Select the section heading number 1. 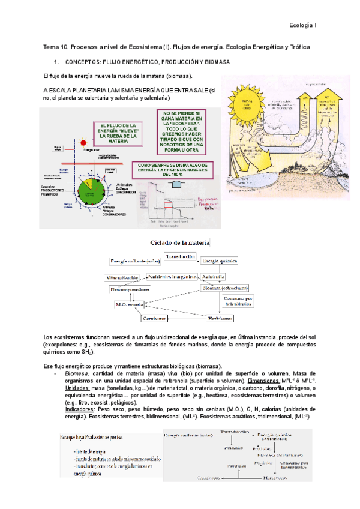tap(56, 62)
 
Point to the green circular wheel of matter tap(88, 185)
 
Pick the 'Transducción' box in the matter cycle tap(179, 256)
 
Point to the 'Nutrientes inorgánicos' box tap(172, 277)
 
